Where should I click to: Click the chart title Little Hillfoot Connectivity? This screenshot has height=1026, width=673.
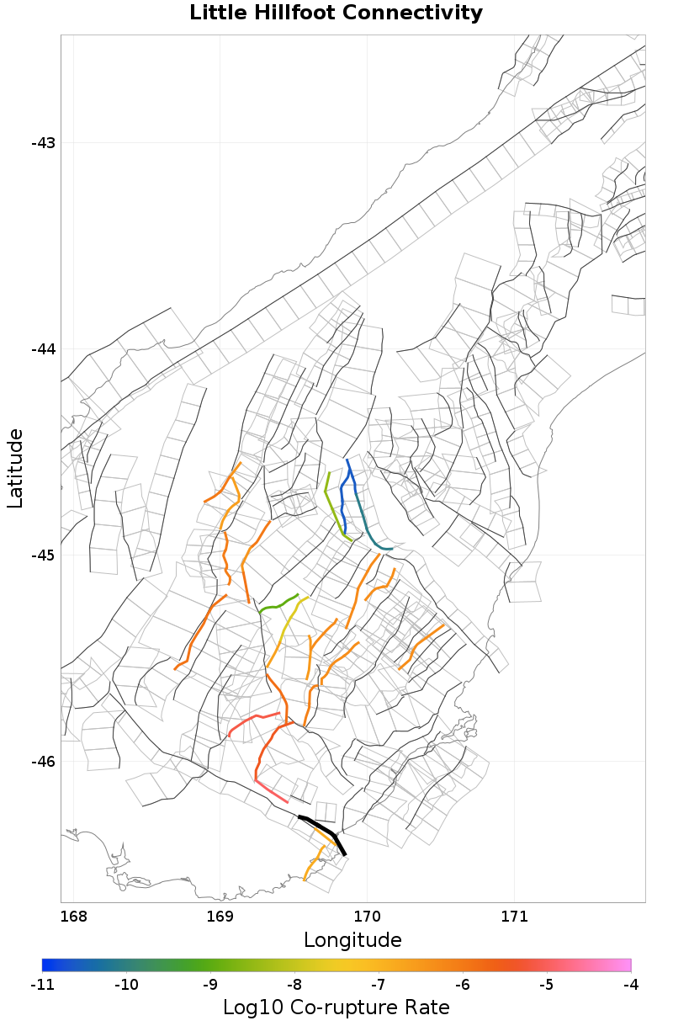(x=336, y=13)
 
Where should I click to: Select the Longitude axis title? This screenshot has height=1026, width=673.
(x=352, y=939)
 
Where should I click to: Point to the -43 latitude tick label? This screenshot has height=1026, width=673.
(x=43, y=143)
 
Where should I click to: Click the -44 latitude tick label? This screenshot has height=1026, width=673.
(x=43, y=349)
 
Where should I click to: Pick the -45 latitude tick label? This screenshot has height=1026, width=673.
(x=43, y=556)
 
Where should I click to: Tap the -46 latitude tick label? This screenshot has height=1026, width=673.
(x=43, y=762)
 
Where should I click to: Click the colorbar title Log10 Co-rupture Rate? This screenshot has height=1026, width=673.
(x=336, y=1007)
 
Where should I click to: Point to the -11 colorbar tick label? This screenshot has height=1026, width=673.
(x=42, y=984)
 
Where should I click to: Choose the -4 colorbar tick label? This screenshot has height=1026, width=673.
(x=631, y=984)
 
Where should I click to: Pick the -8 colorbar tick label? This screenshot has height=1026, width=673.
(x=294, y=984)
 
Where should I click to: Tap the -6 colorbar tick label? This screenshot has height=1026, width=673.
(x=463, y=984)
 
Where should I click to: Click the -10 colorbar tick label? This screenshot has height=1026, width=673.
(x=126, y=984)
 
